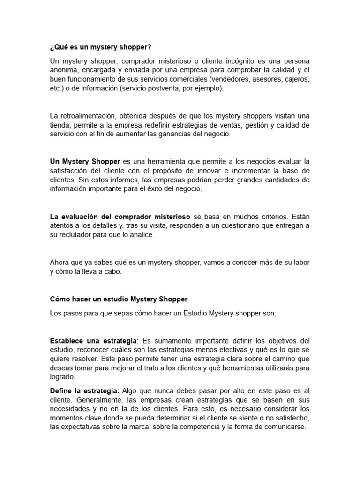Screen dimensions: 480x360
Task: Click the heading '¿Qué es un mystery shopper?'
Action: coord(101,48)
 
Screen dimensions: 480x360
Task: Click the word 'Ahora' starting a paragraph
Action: coord(60,262)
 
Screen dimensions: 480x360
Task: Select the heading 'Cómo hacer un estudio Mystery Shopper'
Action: coord(119,299)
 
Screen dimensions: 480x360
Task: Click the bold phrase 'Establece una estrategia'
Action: coord(93,340)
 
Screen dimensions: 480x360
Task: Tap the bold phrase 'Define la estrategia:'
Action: coord(85,390)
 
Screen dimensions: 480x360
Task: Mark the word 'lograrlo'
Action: coord(62,376)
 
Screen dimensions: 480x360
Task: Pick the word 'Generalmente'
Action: coord(100,399)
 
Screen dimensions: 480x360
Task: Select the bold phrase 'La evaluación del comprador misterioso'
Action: coord(120,217)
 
